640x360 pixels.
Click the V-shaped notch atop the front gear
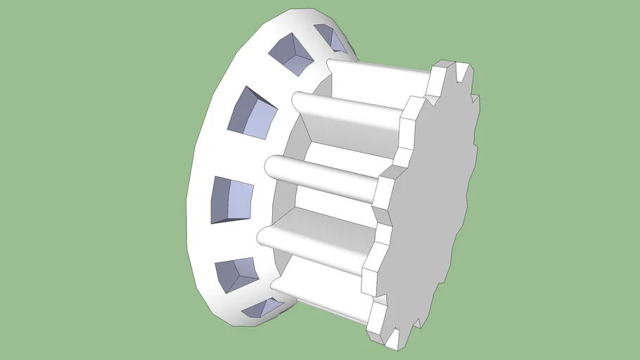pos(461,71)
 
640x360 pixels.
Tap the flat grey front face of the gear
pos(429,211)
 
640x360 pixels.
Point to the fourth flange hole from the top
pos(233,199)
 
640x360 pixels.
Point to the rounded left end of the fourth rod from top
pos(265,236)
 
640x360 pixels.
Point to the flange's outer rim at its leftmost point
pos(188,204)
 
